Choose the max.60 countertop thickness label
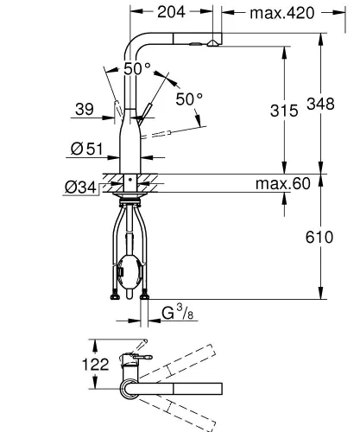coord(281,184)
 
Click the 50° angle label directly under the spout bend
coord(136,69)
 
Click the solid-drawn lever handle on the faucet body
coord(148,111)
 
